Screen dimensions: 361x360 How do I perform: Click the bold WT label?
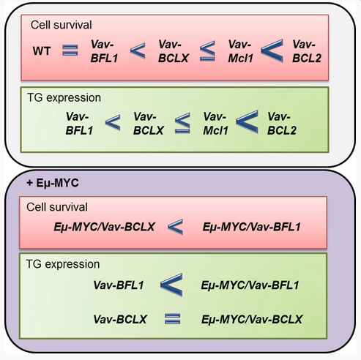click(x=42, y=51)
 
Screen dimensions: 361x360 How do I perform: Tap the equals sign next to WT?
click(x=70, y=50)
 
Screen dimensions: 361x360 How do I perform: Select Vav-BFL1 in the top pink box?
click(x=104, y=51)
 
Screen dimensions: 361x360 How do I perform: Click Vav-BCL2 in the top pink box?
click(x=307, y=51)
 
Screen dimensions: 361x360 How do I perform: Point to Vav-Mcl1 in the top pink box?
click(x=240, y=51)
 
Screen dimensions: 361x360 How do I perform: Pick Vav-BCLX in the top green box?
click(x=148, y=124)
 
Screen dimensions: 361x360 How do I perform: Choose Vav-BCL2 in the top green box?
click(x=282, y=124)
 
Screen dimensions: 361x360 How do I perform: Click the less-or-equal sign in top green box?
click(x=182, y=123)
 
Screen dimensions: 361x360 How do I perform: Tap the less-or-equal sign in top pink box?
click(x=207, y=51)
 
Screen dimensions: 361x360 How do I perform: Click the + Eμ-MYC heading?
click(x=53, y=183)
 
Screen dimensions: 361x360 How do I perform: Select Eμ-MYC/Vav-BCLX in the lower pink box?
click(x=104, y=227)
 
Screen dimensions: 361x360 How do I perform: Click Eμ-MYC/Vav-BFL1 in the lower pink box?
click(x=251, y=227)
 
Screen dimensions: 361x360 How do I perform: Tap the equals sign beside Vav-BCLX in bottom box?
click(x=173, y=319)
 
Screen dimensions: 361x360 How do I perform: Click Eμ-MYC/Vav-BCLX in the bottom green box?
click(x=252, y=319)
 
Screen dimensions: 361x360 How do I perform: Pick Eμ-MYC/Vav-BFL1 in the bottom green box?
click(x=250, y=285)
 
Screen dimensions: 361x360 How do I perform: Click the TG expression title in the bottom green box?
click(x=63, y=264)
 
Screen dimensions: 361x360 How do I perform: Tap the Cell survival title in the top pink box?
click(x=62, y=25)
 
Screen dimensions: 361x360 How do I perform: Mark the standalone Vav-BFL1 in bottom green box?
click(x=119, y=285)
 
